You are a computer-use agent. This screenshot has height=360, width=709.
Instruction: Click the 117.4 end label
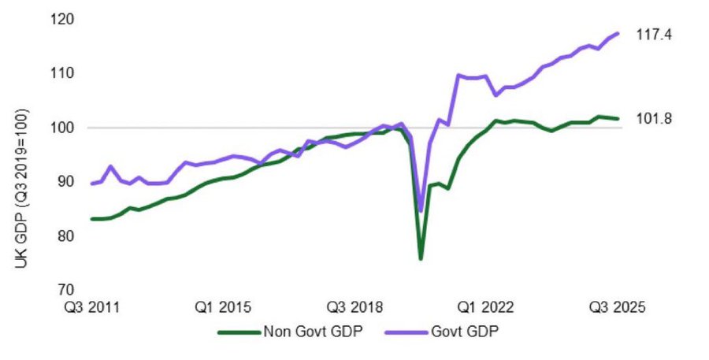654,35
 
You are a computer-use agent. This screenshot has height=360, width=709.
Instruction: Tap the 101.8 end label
654,119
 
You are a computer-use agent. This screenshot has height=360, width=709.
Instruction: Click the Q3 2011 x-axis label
92,307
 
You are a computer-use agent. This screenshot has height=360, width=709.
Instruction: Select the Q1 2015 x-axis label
223,307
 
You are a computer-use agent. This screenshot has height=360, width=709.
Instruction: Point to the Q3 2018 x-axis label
354,307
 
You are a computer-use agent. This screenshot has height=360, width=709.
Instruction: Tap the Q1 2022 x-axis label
485,307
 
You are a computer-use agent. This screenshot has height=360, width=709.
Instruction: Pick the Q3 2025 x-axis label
617,307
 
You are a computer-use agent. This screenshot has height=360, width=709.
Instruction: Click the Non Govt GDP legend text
313,332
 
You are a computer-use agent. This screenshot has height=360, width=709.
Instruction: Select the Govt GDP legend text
465,332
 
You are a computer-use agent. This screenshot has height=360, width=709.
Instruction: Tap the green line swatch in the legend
239,332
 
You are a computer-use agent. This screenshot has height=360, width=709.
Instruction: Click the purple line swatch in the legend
406,332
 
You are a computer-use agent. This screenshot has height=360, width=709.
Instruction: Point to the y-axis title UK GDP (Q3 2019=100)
21,188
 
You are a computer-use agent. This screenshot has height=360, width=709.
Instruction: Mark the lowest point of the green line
421,259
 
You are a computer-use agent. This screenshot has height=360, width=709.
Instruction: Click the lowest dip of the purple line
421,211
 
